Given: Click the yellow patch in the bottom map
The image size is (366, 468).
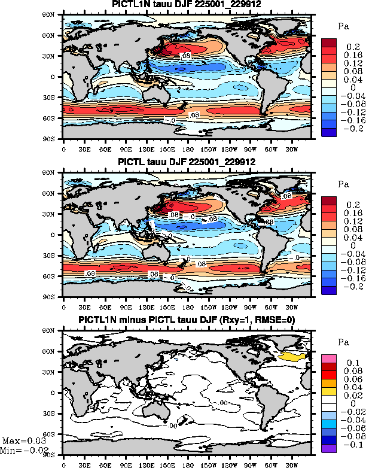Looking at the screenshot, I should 292,356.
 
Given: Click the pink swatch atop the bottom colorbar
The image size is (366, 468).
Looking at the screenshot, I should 330,358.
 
